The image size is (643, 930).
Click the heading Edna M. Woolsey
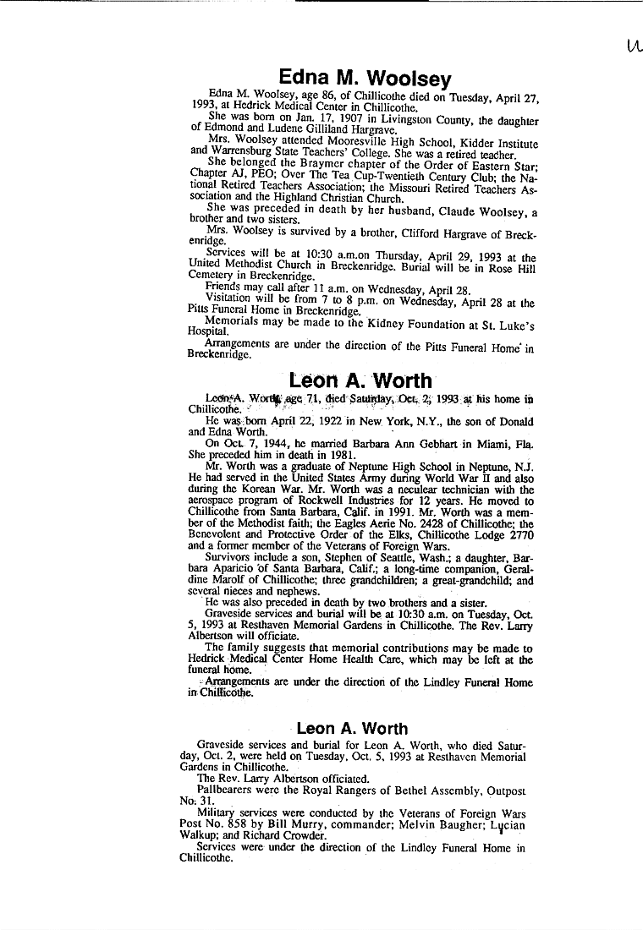tap(365, 79)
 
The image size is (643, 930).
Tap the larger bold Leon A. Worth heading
tap(360, 381)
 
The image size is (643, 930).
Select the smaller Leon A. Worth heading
tap(352, 728)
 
